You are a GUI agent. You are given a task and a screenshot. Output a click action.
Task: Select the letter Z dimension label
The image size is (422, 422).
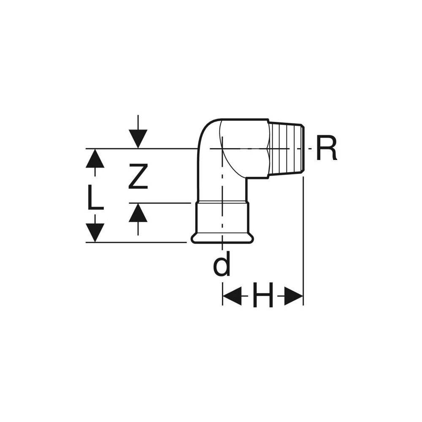tap(138, 176)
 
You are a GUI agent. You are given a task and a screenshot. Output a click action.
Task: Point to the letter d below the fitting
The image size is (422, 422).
tap(222, 264)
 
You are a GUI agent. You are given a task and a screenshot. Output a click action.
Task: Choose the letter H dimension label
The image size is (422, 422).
tap(263, 295)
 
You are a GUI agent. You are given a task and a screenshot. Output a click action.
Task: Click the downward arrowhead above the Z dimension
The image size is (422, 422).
tap(138, 139)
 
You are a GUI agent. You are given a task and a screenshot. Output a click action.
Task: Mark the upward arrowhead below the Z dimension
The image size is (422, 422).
tap(138, 213)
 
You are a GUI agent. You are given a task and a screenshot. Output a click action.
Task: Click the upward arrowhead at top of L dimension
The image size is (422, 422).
tap(95, 158)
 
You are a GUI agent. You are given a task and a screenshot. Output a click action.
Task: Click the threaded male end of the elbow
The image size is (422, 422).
tap(287, 148)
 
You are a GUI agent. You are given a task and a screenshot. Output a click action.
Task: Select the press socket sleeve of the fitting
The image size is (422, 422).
tap(222, 219)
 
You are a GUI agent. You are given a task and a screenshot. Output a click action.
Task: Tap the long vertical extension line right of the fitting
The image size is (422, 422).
tap(303, 241)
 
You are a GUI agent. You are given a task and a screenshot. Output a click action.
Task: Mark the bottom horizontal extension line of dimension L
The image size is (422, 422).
tap(136, 242)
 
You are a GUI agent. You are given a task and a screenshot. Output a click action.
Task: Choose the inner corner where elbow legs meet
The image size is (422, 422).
tap(246, 179)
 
